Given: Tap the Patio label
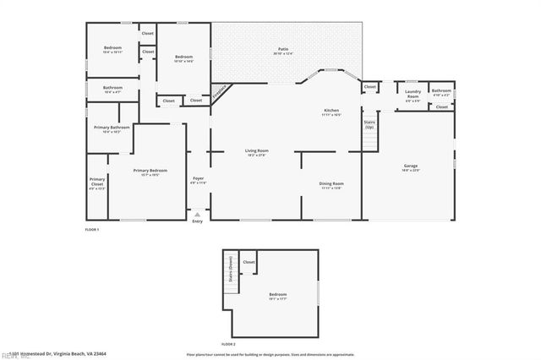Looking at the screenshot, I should [x=283, y=52].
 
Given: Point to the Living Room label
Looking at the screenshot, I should [x=257, y=153].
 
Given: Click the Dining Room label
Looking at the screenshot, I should [x=331, y=185].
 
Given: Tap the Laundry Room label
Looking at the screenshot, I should [x=413, y=94].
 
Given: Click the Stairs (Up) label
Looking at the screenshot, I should [x=369, y=124].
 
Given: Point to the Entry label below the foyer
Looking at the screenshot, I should [x=198, y=221].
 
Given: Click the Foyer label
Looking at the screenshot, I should [x=198, y=180].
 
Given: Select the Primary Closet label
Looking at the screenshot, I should [x=97, y=183].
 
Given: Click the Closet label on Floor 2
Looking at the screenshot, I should [x=249, y=263].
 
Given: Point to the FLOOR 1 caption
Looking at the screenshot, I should [x=92, y=230].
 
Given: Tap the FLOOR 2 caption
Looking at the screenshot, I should [x=228, y=344].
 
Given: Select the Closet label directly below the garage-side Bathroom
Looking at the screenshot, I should [x=441, y=107].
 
